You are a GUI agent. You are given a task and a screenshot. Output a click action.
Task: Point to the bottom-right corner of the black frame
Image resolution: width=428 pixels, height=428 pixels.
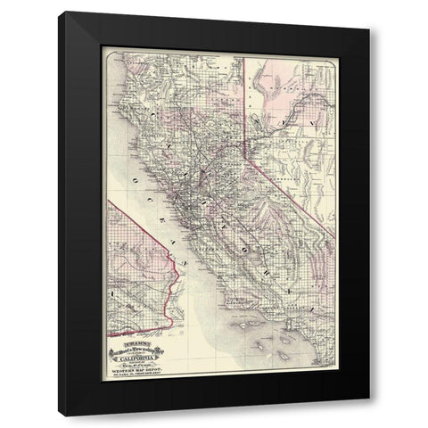click(368, 415)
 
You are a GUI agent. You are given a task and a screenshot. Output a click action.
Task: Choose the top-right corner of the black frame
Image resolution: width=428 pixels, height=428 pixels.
click(368, 13)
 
